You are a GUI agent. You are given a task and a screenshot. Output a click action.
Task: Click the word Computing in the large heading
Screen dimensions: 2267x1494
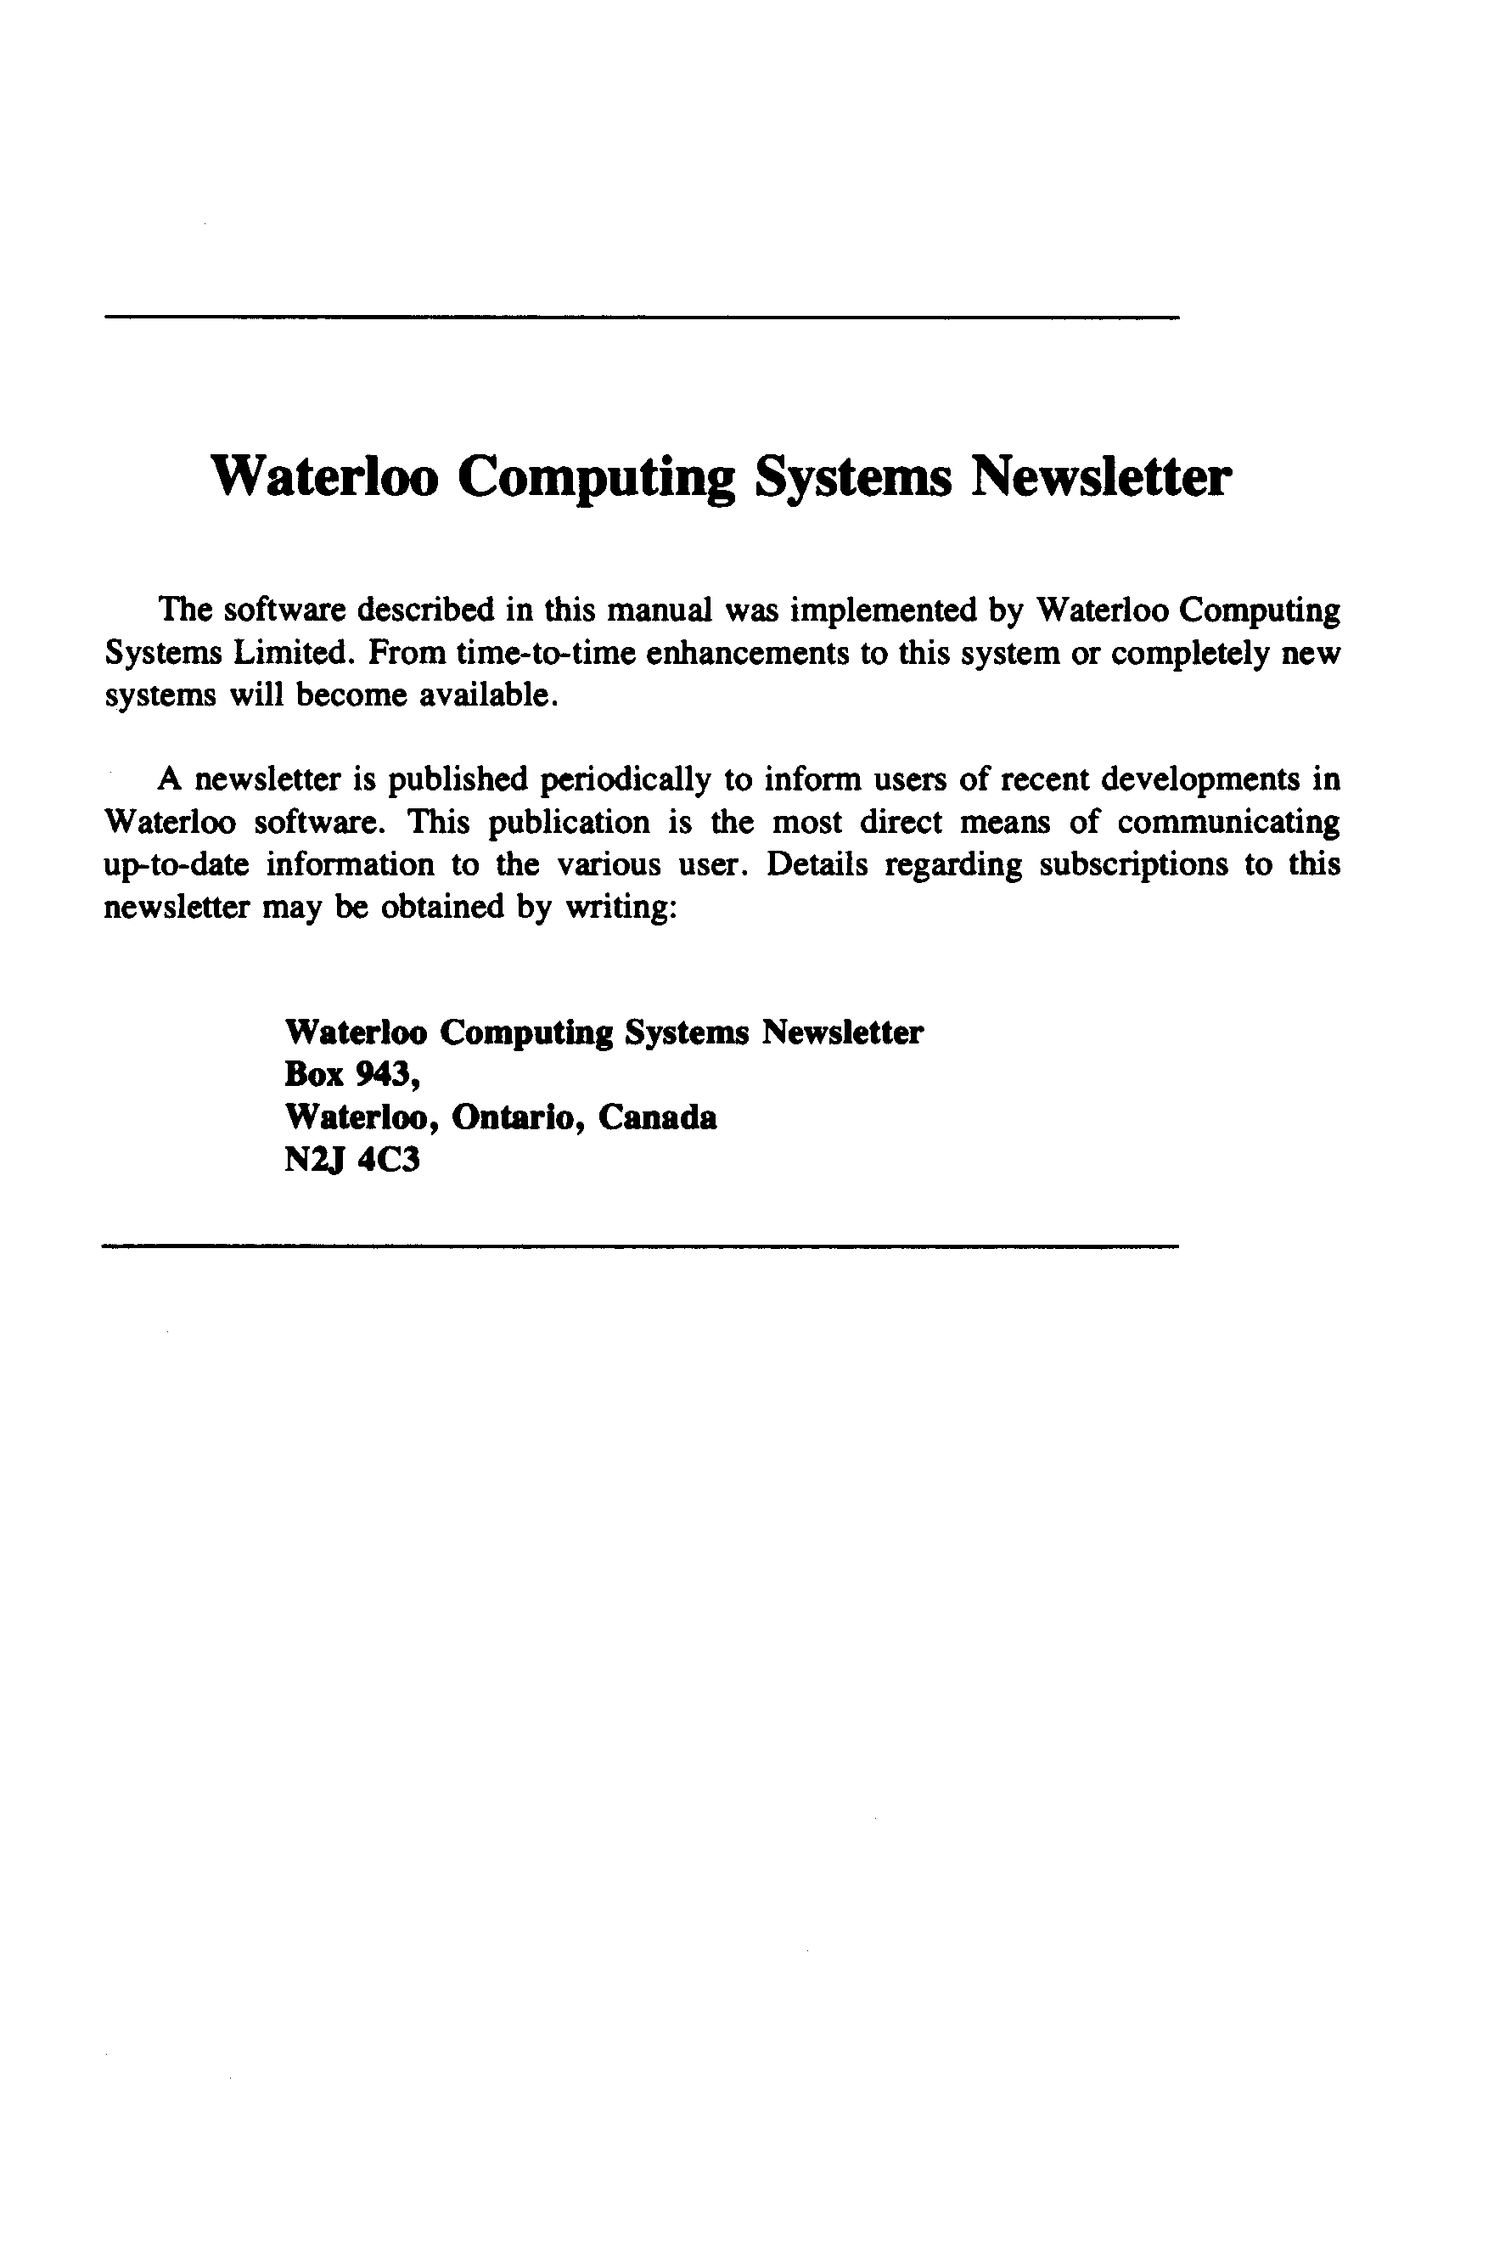(x=596, y=478)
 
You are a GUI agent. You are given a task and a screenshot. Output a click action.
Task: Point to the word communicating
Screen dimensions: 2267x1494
(x=1229, y=823)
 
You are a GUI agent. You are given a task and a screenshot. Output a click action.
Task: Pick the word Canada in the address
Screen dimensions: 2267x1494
(x=657, y=1117)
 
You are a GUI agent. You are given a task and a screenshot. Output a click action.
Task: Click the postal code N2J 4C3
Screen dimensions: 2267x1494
(x=351, y=1160)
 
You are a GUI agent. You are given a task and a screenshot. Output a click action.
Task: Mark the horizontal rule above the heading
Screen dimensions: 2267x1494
(x=640, y=317)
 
